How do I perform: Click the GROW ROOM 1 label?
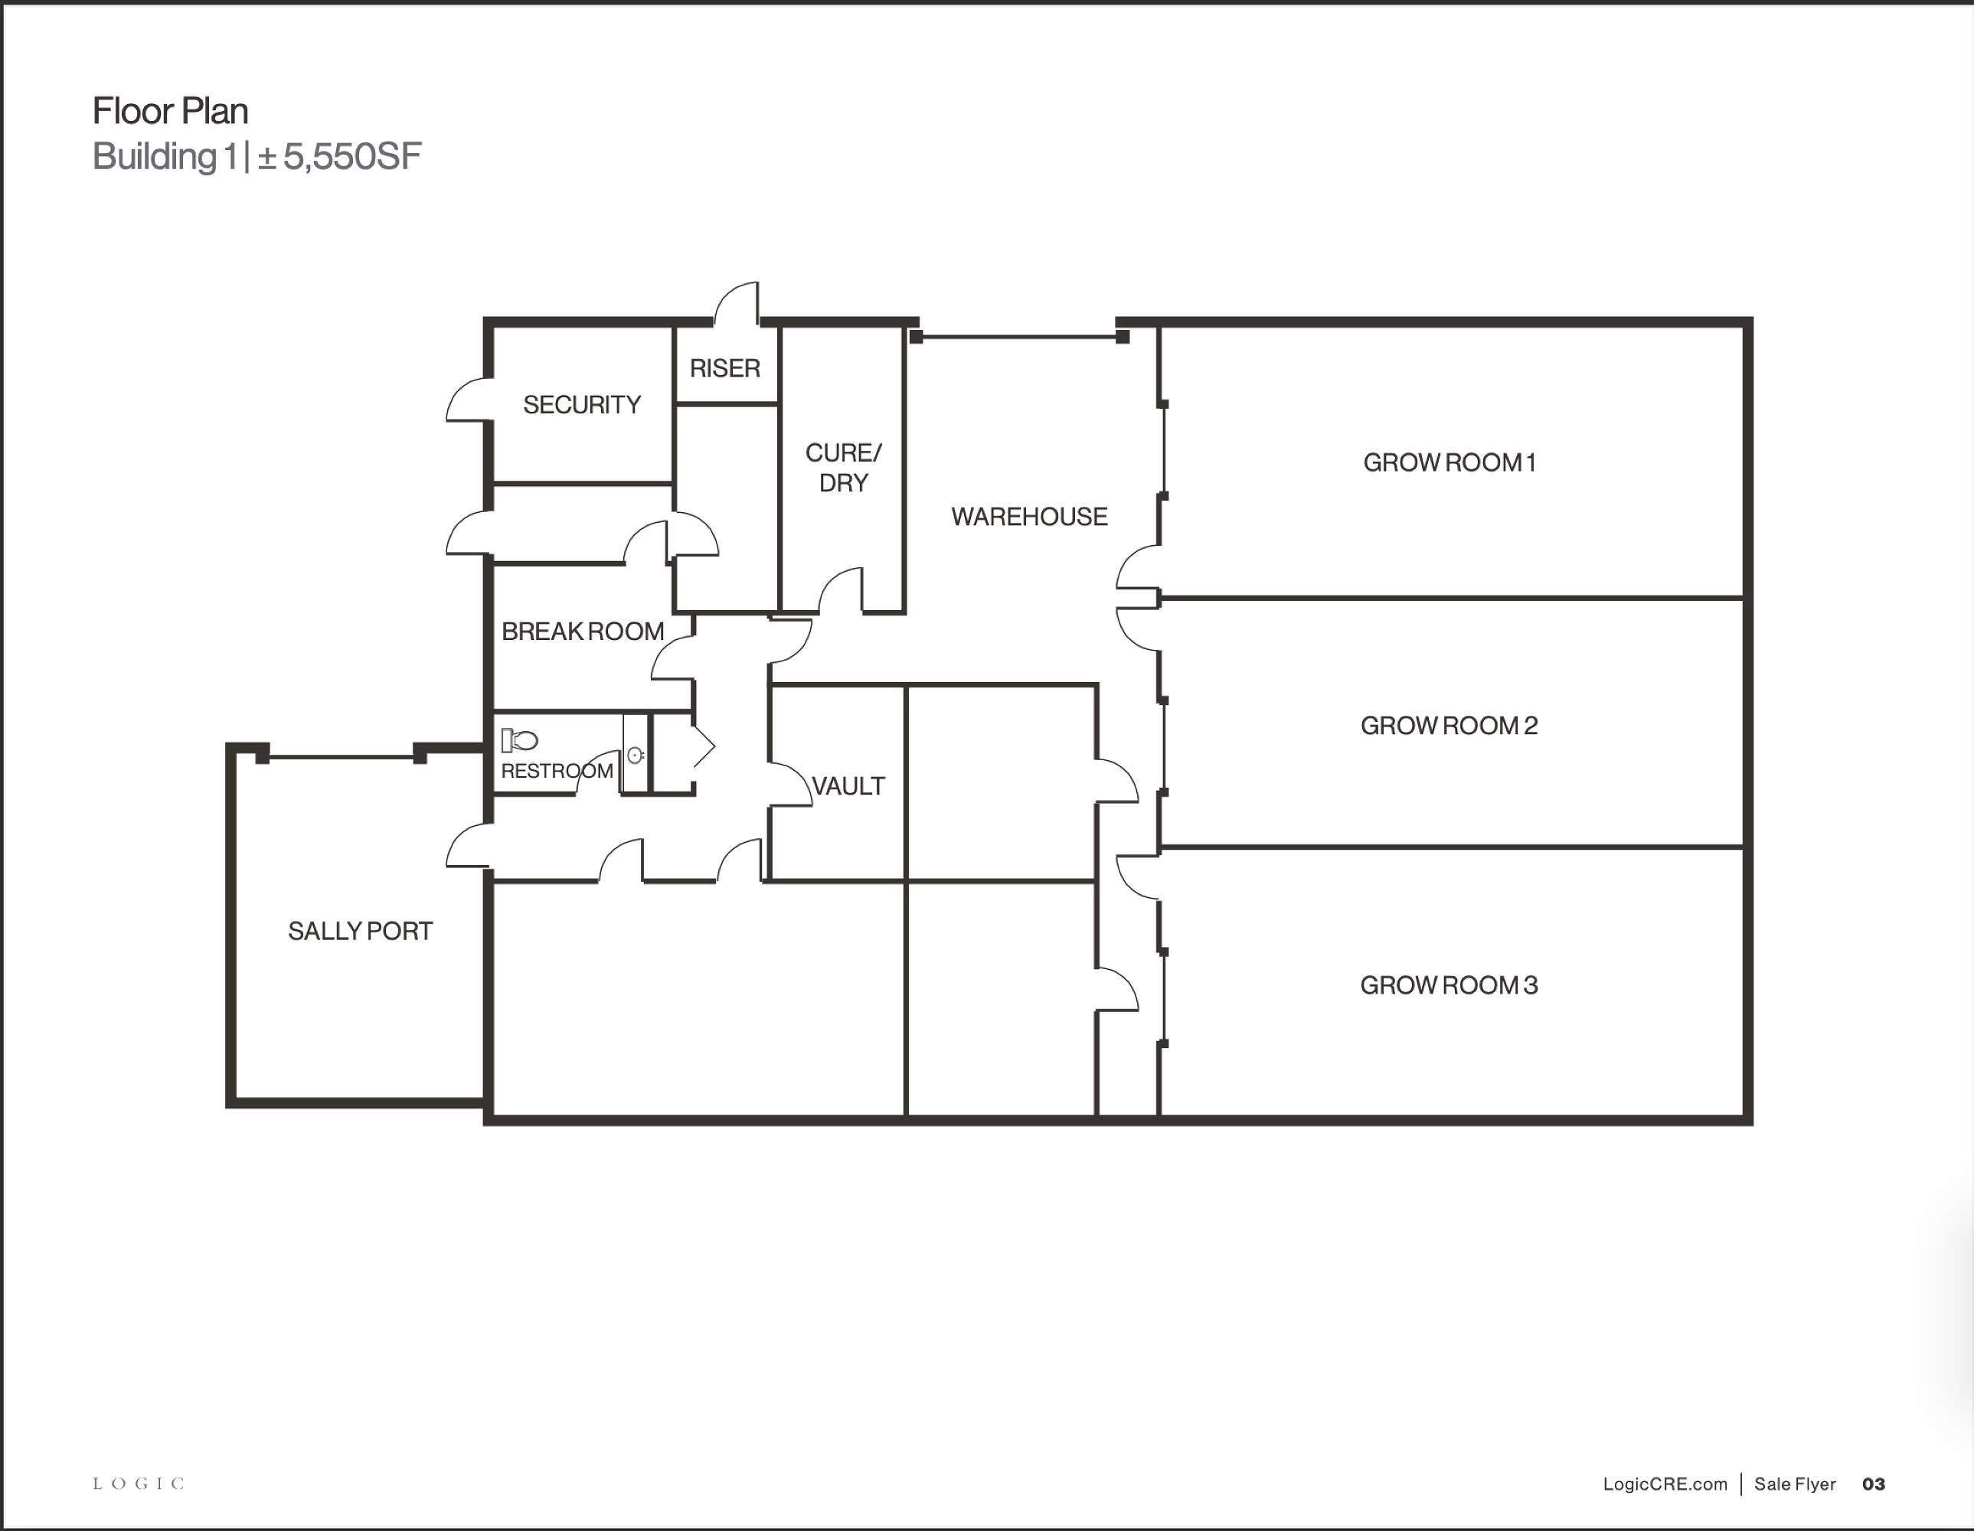point(1449,462)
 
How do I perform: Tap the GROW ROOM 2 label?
point(1449,726)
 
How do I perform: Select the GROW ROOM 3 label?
point(1449,985)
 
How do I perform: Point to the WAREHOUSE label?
point(1029,517)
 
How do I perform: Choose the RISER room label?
point(725,369)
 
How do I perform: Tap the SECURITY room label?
point(582,405)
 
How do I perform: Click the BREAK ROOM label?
point(583,632)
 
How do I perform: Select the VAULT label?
point(848,786)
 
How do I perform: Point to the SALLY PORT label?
point(361,931)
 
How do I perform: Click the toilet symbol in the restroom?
point(520,740)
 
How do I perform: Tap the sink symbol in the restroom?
point(636,755)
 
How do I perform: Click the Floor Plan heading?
point(171,111)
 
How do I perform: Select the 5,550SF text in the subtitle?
point(352,156)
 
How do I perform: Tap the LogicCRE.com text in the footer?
point(1665,1484)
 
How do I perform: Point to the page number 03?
point(1874,1484)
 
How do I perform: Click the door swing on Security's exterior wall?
point(468,400)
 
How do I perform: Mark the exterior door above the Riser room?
point(737,303)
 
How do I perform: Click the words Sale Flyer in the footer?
point(1795,1484)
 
